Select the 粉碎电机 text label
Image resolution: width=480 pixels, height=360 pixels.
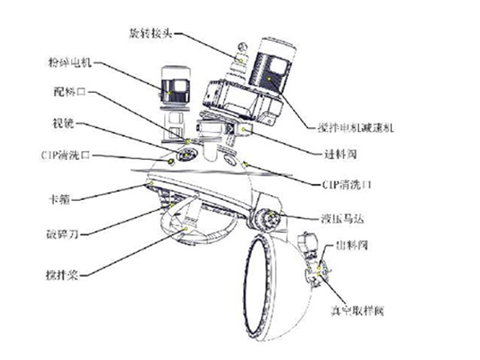pos(68,62)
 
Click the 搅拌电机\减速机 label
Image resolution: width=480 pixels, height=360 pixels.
pos(352,128)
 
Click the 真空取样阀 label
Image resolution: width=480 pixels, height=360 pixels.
pos(350,308)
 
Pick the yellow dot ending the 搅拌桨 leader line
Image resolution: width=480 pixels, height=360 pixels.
pos(186,228)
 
